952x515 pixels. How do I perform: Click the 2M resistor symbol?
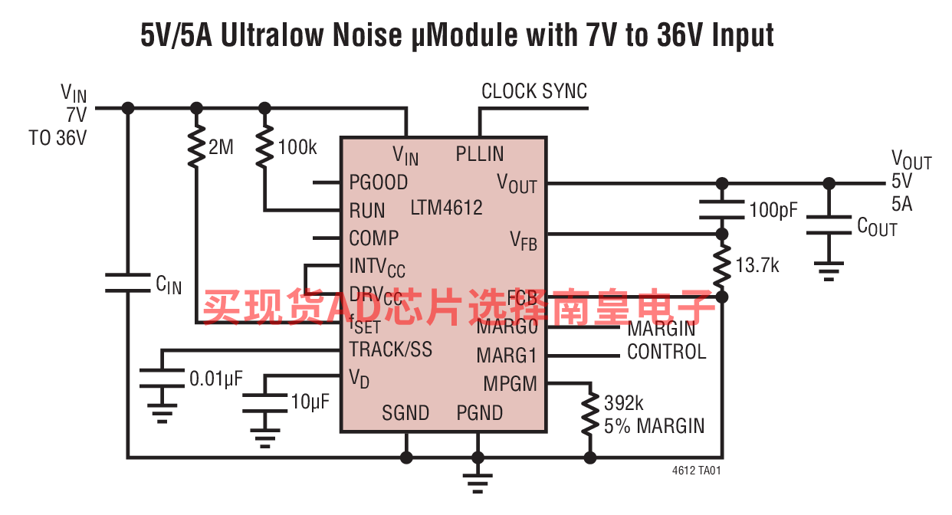[x=196, y=146]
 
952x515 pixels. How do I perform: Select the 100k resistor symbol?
[x=264, y=146]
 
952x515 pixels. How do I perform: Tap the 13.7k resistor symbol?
[x=721, y=265]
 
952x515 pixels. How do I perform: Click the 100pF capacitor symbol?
[x=721, y=209]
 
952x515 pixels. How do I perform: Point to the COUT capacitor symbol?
[x=829, y=225]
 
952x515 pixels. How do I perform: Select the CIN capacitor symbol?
[x=127, y=283]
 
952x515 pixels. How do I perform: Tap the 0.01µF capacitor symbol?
[x=162, y=378]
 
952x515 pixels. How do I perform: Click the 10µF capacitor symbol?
[x=264, y=403]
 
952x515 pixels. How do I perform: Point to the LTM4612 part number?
[x=446, y=208]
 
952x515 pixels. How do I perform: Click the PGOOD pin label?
[x=378, y=182]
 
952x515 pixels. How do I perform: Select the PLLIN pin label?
[x=479, y=154]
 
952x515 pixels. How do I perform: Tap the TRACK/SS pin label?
[x=391, y=349]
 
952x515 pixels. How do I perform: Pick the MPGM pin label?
[x=510, y=384]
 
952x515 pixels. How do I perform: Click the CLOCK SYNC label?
[x=534, y=91]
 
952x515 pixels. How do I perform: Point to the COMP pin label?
[x=373, y=238]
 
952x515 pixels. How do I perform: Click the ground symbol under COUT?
[x=829, y=271]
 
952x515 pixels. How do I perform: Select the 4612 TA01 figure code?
[x=697, y=471]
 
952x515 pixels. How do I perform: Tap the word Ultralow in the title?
[x=271, y=34]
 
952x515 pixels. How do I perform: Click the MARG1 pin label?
[x=507, y=356]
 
